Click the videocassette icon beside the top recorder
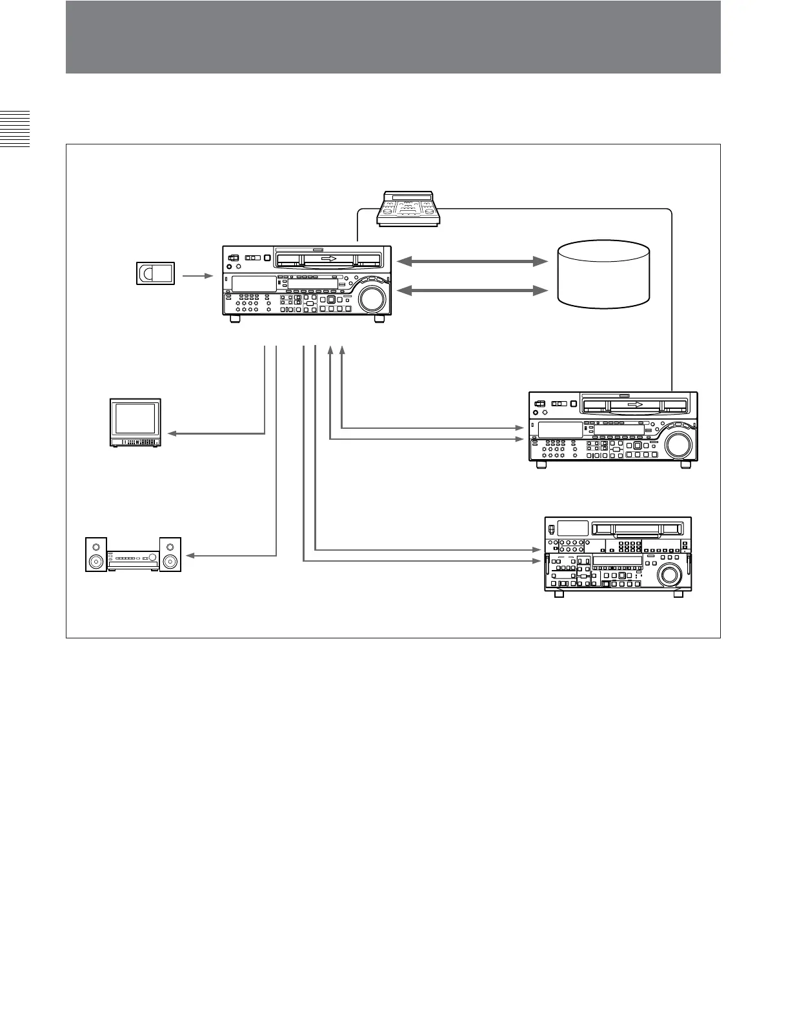tap(156, 273)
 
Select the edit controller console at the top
tap(408, 208)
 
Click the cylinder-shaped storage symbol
tap(603, 273)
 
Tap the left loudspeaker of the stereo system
tap(97, 555)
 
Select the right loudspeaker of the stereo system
tap(170, 555)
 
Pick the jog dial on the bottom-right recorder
tap(669, 573)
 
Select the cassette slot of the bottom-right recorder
tap(638, 529)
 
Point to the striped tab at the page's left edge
tap(15, 129)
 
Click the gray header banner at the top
tap(392, 37)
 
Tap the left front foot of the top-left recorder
tap(235, 319)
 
